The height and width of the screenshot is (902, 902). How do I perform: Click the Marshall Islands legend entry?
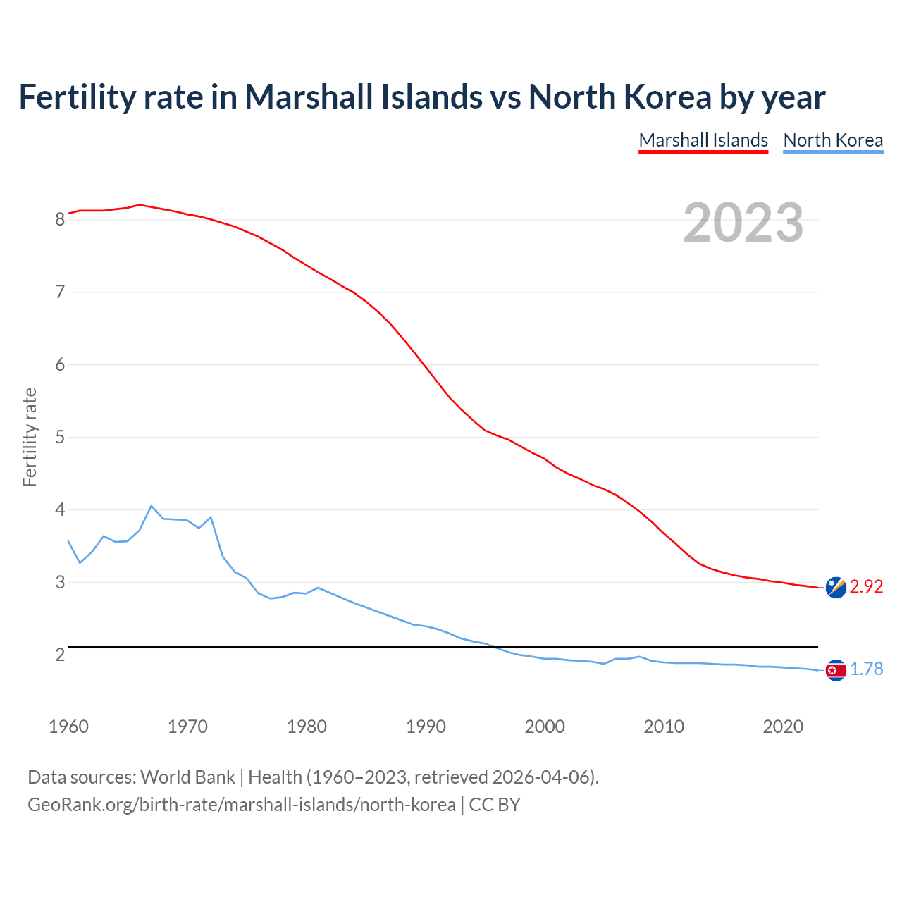(x=703, y=140)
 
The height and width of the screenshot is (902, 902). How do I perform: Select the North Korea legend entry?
(x=833, y=140)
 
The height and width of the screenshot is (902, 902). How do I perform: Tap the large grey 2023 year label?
(x=743, y=223)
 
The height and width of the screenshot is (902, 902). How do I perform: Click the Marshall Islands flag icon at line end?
(x=835, y=587)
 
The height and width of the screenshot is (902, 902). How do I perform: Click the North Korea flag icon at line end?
(x=835, y=669)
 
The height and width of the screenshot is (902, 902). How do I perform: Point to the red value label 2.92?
(x=866, y=587)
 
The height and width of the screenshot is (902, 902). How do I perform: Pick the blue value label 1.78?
(x=866, y=669)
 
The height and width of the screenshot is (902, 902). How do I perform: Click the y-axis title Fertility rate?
(x=30, y=437)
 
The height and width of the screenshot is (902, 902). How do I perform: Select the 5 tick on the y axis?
(x=60, y=438)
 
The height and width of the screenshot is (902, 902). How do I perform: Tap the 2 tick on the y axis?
(x=60, y=655)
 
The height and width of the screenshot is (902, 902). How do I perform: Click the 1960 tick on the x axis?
(x=68, y=727)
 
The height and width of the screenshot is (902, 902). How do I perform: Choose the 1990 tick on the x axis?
(x=426, y=727)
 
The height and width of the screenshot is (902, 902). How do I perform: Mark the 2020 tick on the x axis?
(x=783, y=727)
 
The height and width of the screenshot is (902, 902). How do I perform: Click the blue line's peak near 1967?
(x=151, y=506)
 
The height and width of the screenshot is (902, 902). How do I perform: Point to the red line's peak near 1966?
(x=140, y=205)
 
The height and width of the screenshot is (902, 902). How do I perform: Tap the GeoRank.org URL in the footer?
(x=241, y=805)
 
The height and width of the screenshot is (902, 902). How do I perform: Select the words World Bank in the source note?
(x=187, y=777)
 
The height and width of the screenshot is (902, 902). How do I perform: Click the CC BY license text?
(x=494, y=805)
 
